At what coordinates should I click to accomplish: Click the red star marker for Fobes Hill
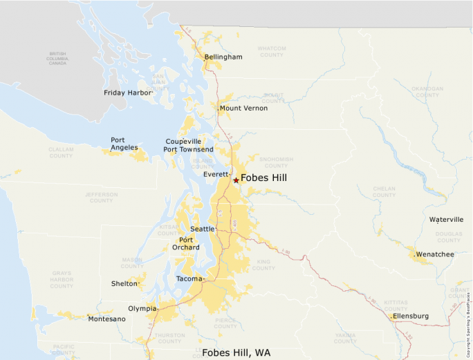(236, 180)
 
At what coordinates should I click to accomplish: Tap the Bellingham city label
(223, 57)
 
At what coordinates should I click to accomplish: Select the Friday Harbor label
(127, 93)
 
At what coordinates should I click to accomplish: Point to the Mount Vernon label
(243, 108)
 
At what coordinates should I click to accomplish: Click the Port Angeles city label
(124, 144)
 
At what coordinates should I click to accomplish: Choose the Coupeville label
(183, 141)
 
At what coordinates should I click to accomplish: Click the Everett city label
(216, 175)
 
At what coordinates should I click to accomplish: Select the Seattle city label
(203, 229)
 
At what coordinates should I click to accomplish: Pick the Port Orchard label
(185, 243)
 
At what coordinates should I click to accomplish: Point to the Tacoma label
(189, 278)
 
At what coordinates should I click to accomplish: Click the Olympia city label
(142, 309)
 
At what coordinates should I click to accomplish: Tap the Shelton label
(124, 283)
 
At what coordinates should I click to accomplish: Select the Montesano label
(106, 319)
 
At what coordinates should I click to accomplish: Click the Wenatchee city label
(436, 254)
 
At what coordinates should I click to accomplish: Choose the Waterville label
(446, 220)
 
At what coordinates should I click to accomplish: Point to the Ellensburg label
(412, 316)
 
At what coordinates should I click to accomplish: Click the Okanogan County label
(427, 92)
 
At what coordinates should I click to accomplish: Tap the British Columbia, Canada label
(57, 58)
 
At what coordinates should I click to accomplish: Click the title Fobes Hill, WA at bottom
(236, 352)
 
